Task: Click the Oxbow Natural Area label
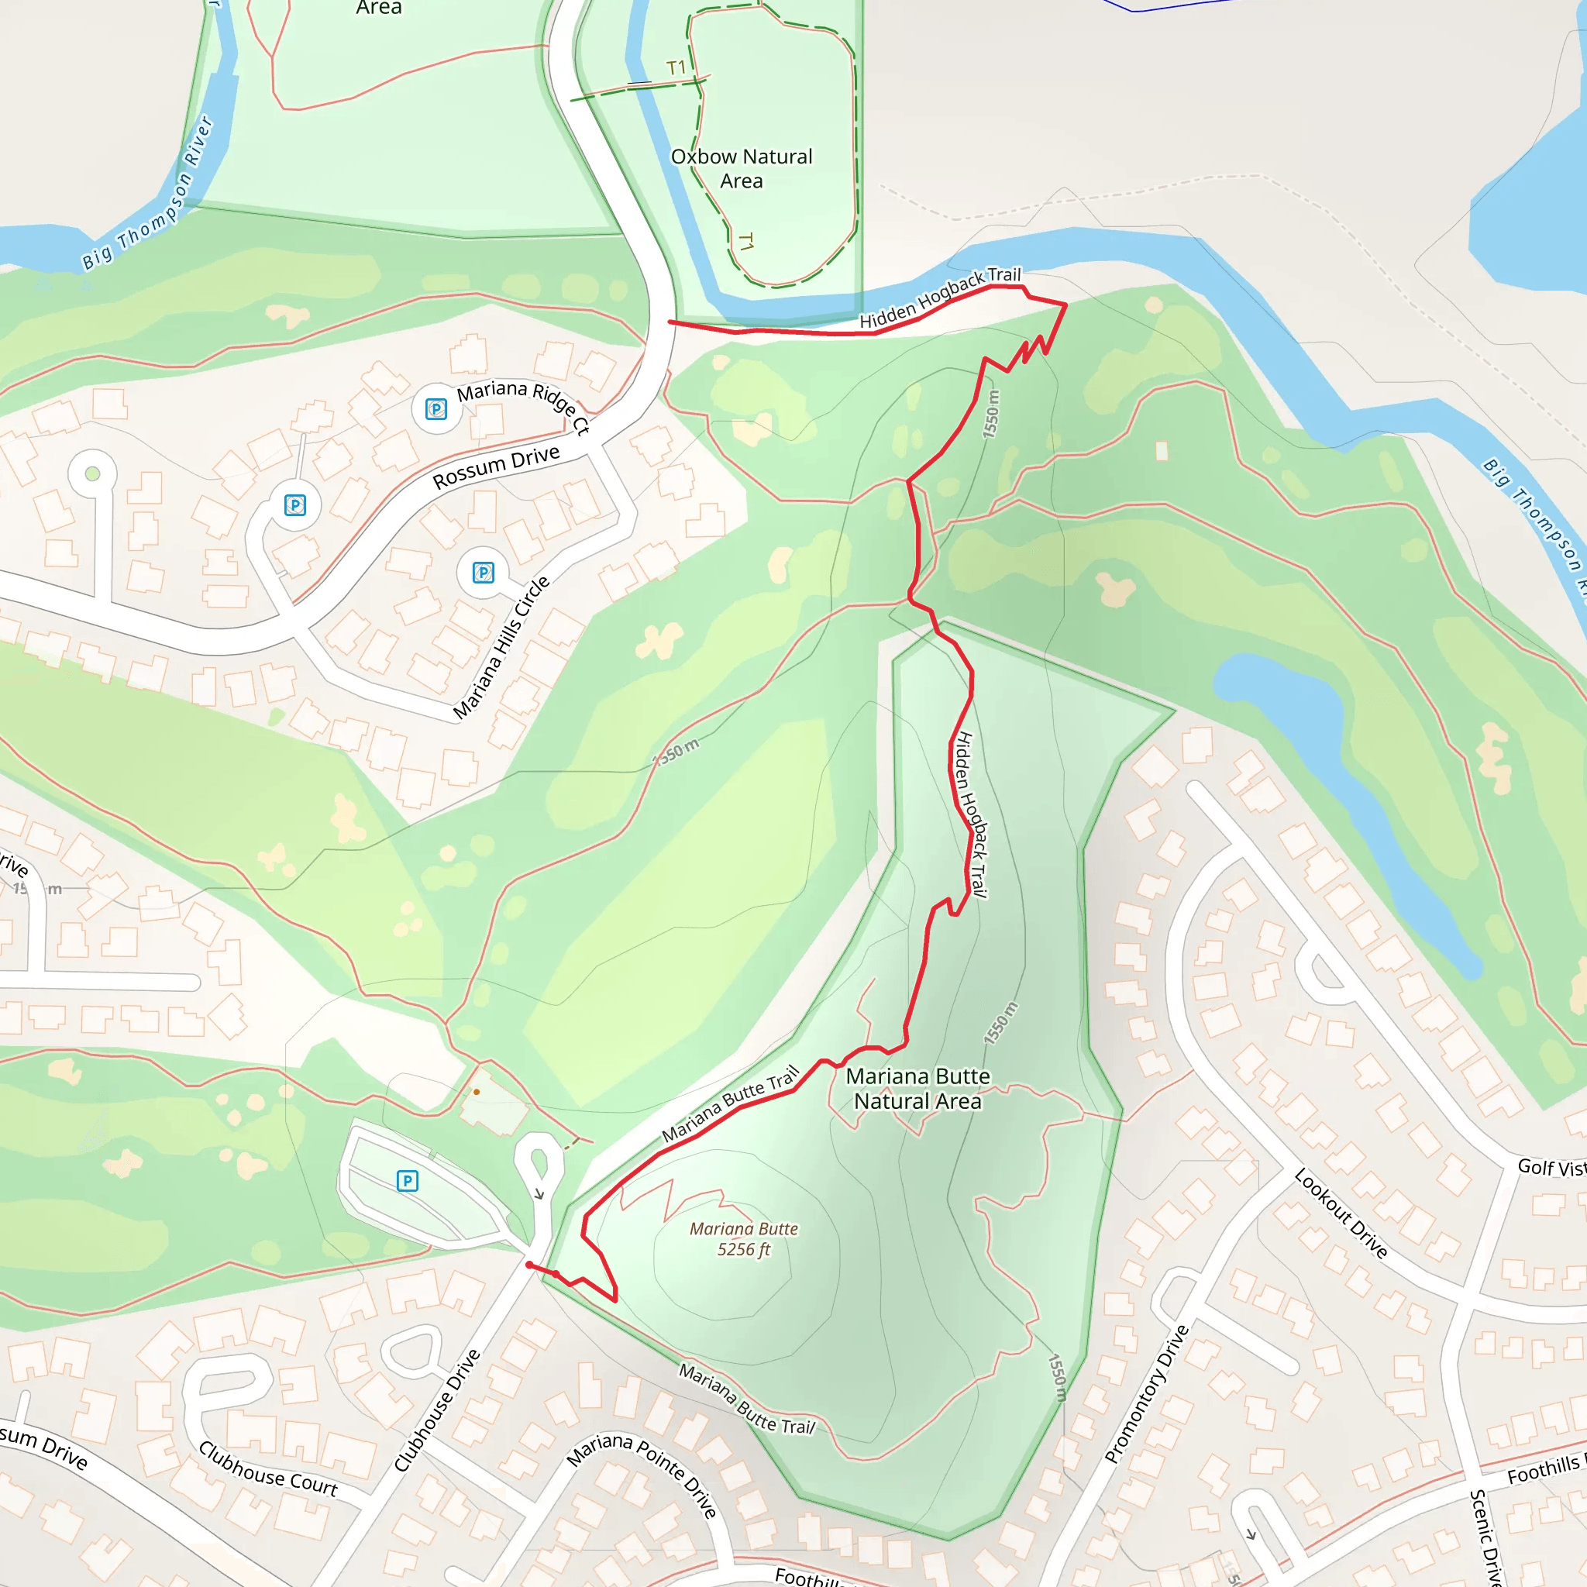coord(741,168)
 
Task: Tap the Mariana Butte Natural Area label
coord(917,1089)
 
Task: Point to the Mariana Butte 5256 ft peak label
coord(743,1239)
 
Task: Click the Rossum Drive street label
coord(496,466)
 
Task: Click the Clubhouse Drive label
coord(436,1410)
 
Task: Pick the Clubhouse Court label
coord(268,1469)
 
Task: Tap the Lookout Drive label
coord(1341,1213)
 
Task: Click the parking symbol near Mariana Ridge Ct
coord(436,408)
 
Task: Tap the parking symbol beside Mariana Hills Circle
coord(484,573)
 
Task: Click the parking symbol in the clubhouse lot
coord(408,1181)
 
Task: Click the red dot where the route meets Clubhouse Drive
coord(529,1265)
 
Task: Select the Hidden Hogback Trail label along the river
coord(940,298)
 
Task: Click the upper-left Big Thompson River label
coord(148,194)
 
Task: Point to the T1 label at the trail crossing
coord(676,68)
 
